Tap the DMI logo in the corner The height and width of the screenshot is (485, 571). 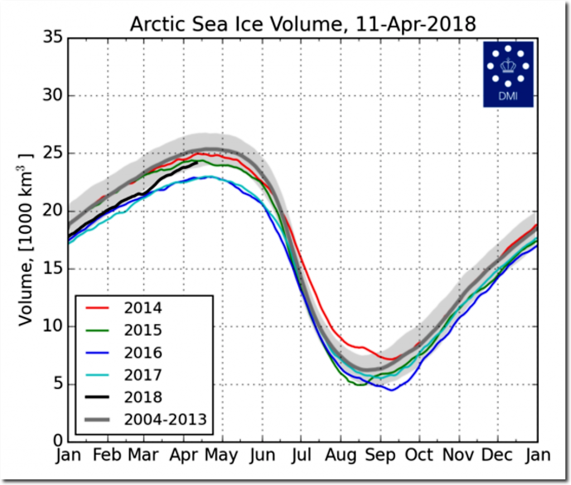508,74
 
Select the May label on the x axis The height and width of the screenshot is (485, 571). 221,455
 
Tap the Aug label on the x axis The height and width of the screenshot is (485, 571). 341,455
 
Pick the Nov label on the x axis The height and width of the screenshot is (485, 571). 458,455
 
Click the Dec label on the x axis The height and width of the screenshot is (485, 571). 497,455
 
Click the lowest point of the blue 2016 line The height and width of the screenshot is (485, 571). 391,390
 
